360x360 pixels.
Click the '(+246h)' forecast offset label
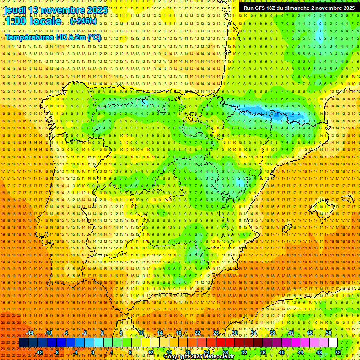[x=83, y=21]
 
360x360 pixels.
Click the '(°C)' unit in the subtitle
[x=93, y=37]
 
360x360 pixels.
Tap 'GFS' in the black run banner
[x=262, y=8]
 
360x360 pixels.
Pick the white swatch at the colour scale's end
[x=333, y=343]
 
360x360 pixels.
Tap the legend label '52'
[x=338, y=352]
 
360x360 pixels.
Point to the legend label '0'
[x=93, y=352]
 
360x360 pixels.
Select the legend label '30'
[x=234, y=333]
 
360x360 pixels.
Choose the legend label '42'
[x=291, y=333]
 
